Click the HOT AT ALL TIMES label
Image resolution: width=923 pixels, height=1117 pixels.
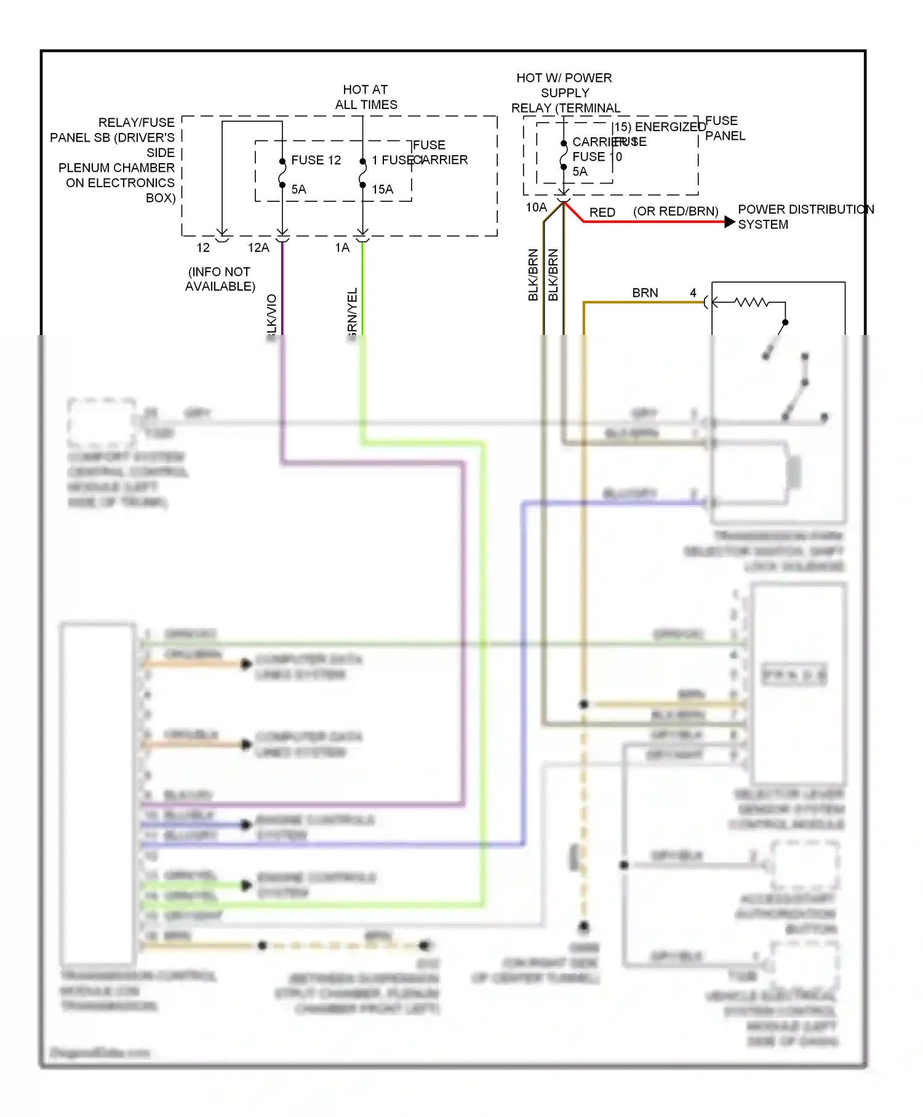pyautogui.click(x=366, y=97)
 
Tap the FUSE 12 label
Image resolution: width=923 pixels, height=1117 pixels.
pyautogui.click(x=316, y=160)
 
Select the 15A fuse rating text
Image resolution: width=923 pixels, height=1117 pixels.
pyautogui.click(x=382, y=190)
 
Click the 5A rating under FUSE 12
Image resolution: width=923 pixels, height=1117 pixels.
pyautogui.click(x=298, y=190)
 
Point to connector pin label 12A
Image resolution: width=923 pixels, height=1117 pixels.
pyautogui.click(x=258, y=248)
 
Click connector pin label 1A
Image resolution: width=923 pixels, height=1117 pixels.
pyautogui.click(x=342, y=248)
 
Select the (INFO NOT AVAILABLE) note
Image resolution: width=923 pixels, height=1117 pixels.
pyautogui.click(x=220, y=279)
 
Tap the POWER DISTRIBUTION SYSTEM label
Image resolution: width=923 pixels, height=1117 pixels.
pyautogui.click(x=805, y=217)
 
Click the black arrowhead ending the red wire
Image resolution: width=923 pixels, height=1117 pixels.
pyautogui.click(x=729, y=222)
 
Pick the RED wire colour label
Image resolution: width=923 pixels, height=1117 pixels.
pyautogui.click(x=602, y=212)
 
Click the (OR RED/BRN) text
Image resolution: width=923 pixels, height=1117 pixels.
pyautogui.click(x=676, y=211)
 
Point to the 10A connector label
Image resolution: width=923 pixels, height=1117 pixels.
pyautogui.click(x=536, y=208)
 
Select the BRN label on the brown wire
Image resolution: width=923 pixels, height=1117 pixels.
pyautogui.click(x=645, y=293)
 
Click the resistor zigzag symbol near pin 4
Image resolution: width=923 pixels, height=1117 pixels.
pyautogui.click(x=752, y=302)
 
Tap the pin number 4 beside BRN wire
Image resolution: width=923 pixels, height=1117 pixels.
pyautogui.click(x=693, y=293)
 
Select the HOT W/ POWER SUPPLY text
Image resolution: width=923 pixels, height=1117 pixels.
pyautogui.click(x=564, y=86)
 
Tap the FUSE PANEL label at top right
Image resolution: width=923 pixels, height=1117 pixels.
pyautogui.click(x=724, y=128)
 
